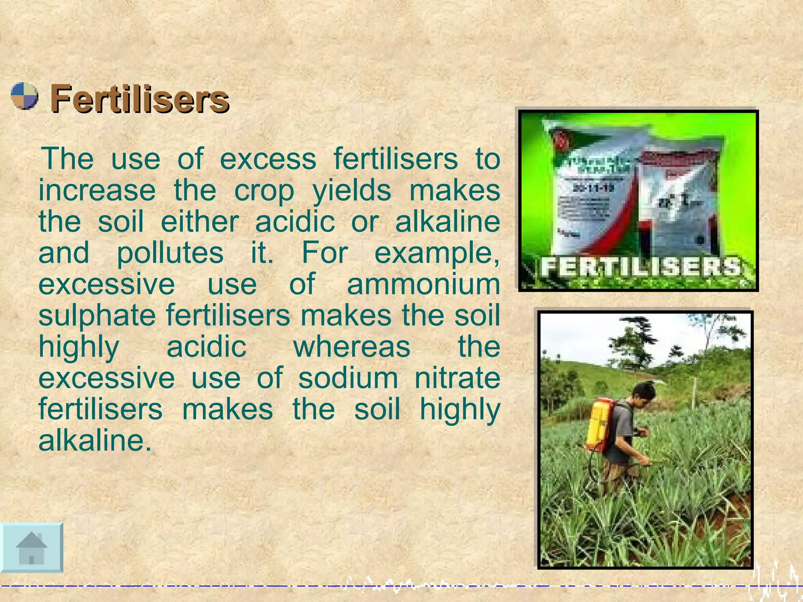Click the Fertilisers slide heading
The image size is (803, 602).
tap(139, 100)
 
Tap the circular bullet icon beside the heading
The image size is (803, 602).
tap(24, 96)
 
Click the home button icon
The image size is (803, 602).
tap(31, 548)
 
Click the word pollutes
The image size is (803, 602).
tap(170, 253)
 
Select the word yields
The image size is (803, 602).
tap(352, 191)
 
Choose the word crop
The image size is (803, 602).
tap(264, 191)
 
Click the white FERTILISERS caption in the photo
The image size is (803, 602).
tap(641, 267)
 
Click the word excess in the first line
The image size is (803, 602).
tap(268, 159)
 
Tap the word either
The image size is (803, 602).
tap(199, 222)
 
